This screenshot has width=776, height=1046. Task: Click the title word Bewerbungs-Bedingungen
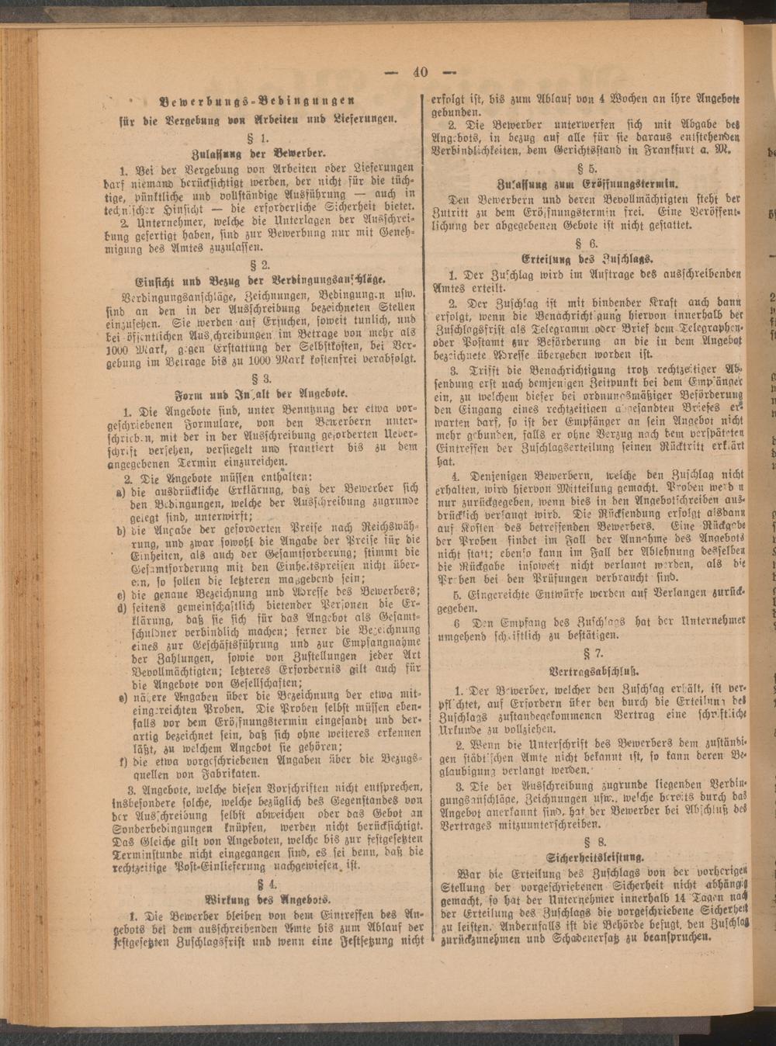[257, 100]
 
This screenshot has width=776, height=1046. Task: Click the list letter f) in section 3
[123, 760]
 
